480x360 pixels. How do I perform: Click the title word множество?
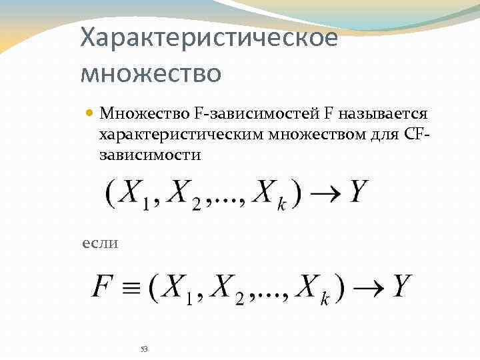coord(150,72)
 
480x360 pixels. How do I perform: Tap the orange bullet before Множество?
coord(90,114)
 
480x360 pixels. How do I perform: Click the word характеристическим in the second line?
coord(181,135)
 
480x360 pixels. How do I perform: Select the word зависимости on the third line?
coord(149,155)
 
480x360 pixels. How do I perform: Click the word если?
coord(99,243)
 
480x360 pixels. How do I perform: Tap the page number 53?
coord(144,349)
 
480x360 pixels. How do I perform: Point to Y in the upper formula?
coord(358,193)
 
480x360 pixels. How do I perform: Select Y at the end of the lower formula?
coord(401,286)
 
